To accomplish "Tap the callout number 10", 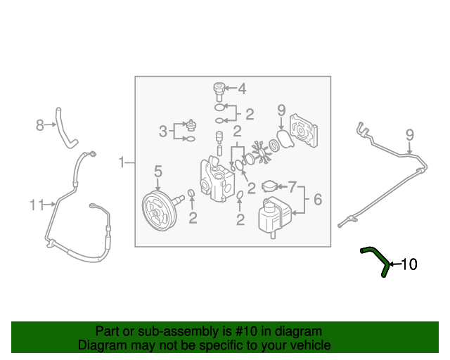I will pos(409,265).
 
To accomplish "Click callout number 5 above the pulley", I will pos(158,171).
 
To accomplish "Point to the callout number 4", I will pos(242,89).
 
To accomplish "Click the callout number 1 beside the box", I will pos(121,163).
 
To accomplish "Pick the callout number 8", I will pos(40,126).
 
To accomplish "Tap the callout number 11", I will pos(37,205).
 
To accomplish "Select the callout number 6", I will pos(317,200).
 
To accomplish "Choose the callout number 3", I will pos(162,131).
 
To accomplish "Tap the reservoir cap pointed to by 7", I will pos(269,187).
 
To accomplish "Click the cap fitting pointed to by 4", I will pos(219,89).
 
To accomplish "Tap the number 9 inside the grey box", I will pos(281,110).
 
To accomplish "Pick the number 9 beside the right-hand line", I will pos(409,134).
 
